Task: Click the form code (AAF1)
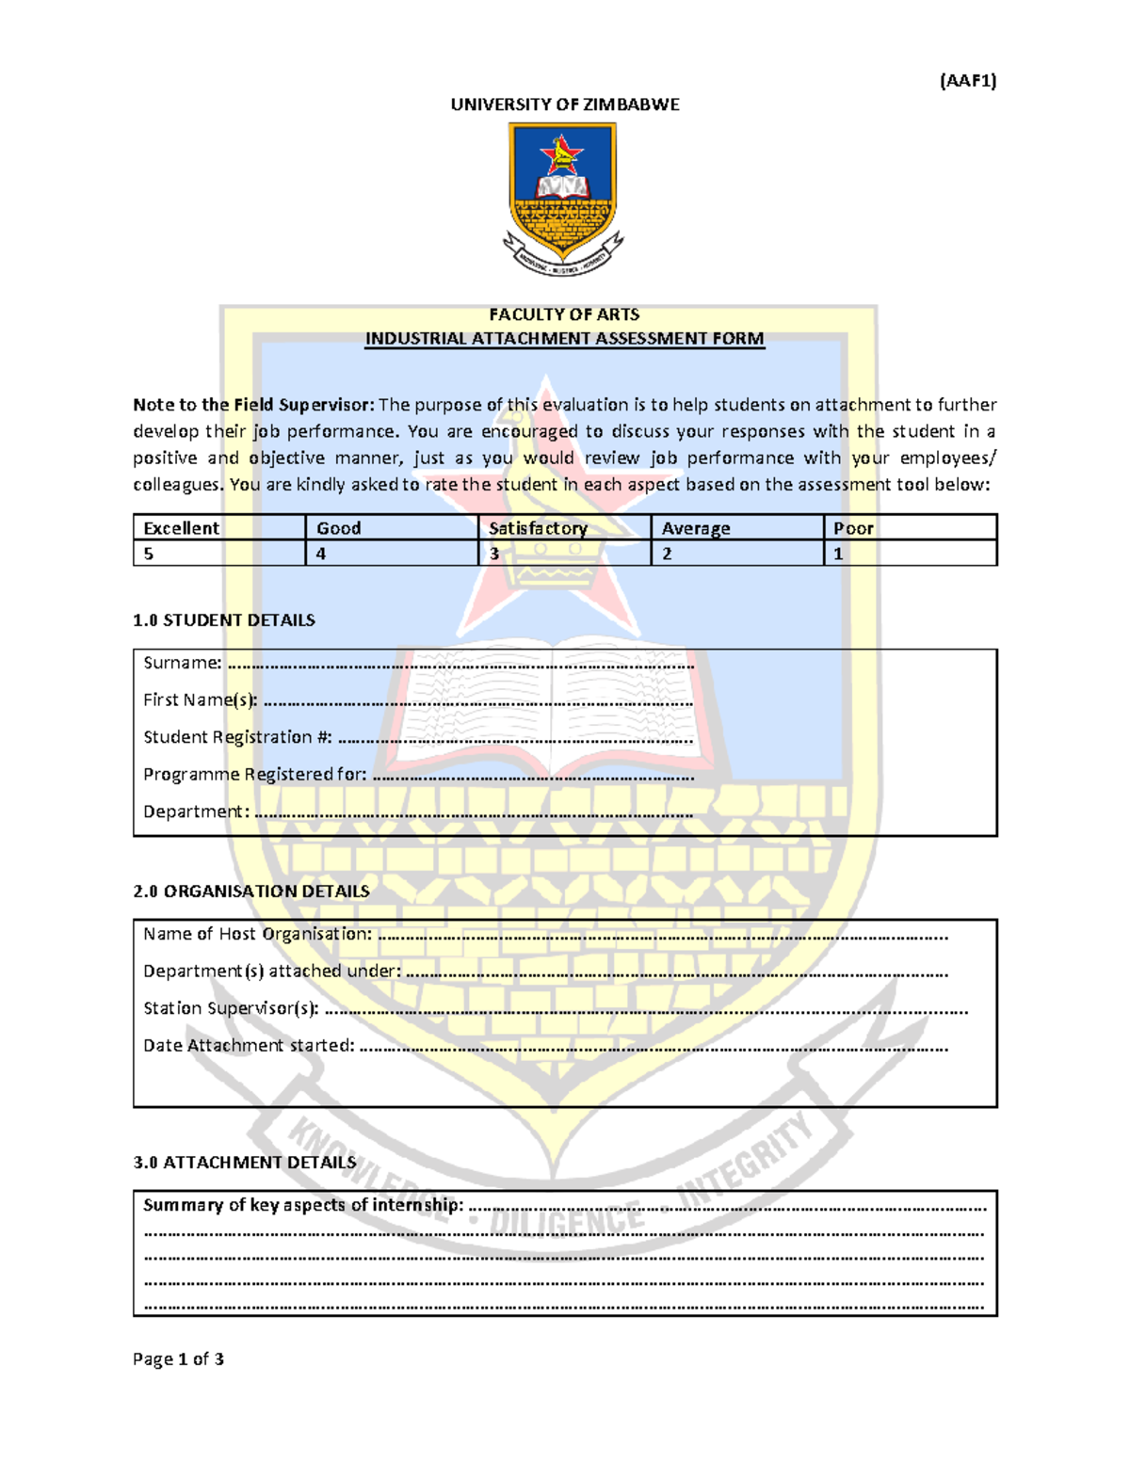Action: [x=967, y=81]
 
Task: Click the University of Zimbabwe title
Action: [x=564, y=104]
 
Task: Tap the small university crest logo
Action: [x=563, y=198]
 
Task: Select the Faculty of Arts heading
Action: [x=564, y=314]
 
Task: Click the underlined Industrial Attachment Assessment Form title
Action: [x=564, y=339]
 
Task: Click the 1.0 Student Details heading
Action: [x=224, y=620]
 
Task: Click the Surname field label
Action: [x=183, y=663]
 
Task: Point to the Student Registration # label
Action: [x=237, y=737]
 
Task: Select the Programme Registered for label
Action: [x=254, y=775]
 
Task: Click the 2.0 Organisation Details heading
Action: [x=251, y=892]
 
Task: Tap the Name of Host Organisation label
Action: [x=257, y=934]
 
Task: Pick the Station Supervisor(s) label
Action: [x=231, y=1008]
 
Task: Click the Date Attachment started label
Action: [x=249, y=1046]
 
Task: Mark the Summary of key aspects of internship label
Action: [x=303, y=1205]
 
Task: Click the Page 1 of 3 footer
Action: [x=178, y=1358]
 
